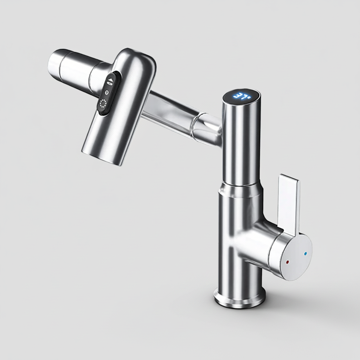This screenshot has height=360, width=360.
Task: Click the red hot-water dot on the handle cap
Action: (x=288, y=262)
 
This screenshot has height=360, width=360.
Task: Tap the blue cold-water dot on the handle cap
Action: (x=305, y=254)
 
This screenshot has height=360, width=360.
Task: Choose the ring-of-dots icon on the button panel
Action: (x=103, y=103)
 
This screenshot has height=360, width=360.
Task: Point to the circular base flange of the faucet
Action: (x=240, y=298)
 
